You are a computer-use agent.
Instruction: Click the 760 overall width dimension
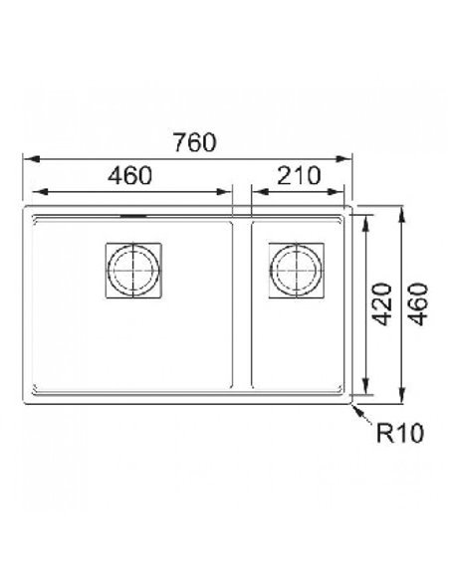point(195,142)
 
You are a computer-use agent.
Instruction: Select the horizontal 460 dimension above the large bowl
point(130,176)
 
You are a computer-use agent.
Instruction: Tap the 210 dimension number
point(299,176)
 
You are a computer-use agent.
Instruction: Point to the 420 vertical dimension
point(381,304)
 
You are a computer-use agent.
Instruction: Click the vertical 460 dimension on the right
point(418,304)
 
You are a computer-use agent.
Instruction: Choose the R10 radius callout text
point(399,433)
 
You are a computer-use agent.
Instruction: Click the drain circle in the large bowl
point(133,271)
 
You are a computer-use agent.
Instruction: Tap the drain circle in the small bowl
point(296,271)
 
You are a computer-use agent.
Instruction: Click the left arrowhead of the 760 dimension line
point(31,159)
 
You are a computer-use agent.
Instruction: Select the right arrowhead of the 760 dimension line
point(343,159)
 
